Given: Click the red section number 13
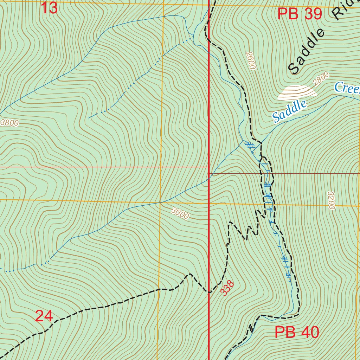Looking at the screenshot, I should coord(49,8).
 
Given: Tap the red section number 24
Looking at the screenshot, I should coord(44,316).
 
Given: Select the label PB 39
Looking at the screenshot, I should coord(300,14).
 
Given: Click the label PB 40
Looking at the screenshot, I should coord(297,332).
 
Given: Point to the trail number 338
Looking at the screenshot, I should coord(227,288).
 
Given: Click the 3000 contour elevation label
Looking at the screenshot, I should coord(180,213).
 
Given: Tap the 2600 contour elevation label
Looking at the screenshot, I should coord(251,60).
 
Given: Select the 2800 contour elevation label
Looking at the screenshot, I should coord(321,79).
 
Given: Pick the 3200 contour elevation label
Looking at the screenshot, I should coord(331,200).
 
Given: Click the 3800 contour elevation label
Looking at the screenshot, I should coord(9,123).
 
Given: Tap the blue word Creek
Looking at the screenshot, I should coord(347,88).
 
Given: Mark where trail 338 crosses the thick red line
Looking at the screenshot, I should coord(210,292).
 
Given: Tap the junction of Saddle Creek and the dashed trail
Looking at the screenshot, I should coord(261,142).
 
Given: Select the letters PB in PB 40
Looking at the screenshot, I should coord(285,332).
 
